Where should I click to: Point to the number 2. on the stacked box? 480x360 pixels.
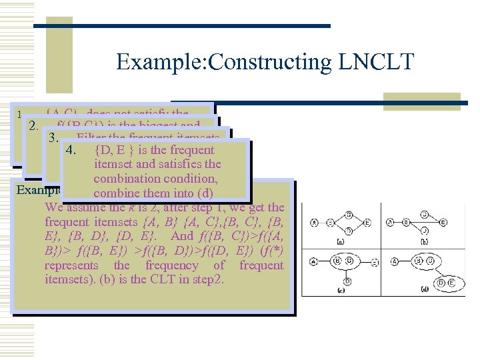click(x=33, y=125)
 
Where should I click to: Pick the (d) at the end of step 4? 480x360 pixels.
click(x=202, y=193)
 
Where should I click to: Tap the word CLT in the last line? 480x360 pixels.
click(x=169, y=279)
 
